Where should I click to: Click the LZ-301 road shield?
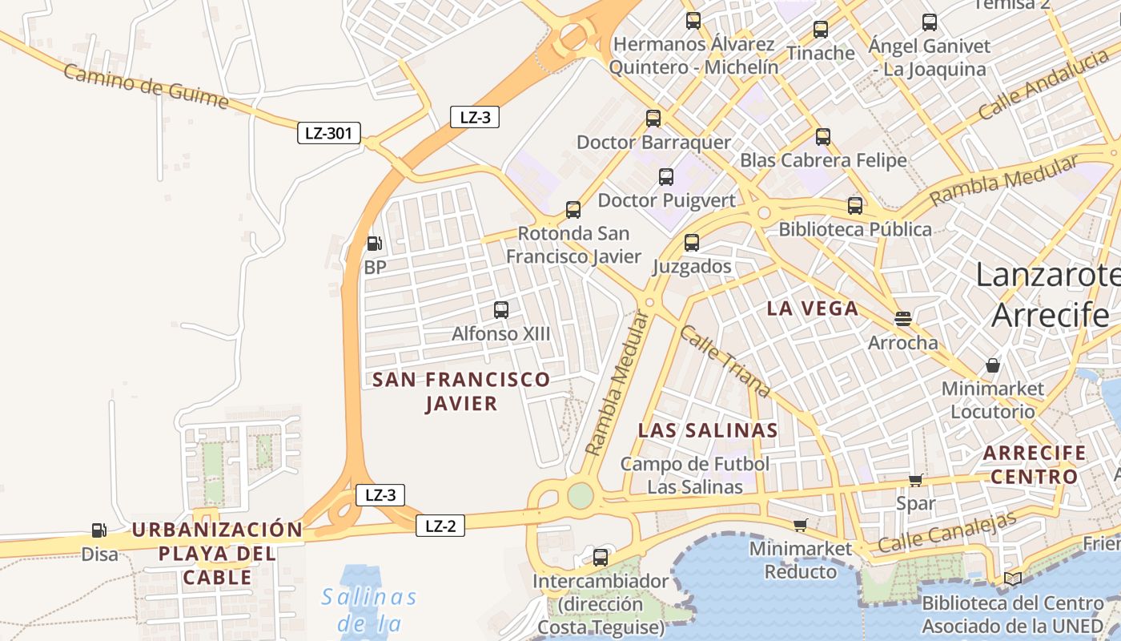tap(328, 133)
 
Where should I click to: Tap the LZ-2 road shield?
tap(440, 526)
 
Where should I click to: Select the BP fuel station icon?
tap(374, 244)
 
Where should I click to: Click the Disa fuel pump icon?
tap(98, 530)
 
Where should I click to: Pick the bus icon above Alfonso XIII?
tap(501, 309)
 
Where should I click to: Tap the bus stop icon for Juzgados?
tap(692, 242)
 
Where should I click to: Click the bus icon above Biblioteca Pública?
tap(855, 205)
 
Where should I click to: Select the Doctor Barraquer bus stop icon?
tap(653, 119)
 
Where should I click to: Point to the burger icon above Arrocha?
tap(903, 319)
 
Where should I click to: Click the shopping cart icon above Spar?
tap(916, 480)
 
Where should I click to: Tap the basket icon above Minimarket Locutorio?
tap(993, 365)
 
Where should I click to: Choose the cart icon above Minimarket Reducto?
tap(800, 525)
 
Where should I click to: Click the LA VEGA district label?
tap(812, 308)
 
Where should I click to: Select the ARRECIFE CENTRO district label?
tap(1034, 465)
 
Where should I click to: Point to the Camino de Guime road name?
tap(146, 87)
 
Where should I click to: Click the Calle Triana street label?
tap(725, 361)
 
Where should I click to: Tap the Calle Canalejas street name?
tap(946, 531)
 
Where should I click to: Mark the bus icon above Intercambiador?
tap(601, 557)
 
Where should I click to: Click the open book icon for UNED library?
tap(1012, 579)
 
